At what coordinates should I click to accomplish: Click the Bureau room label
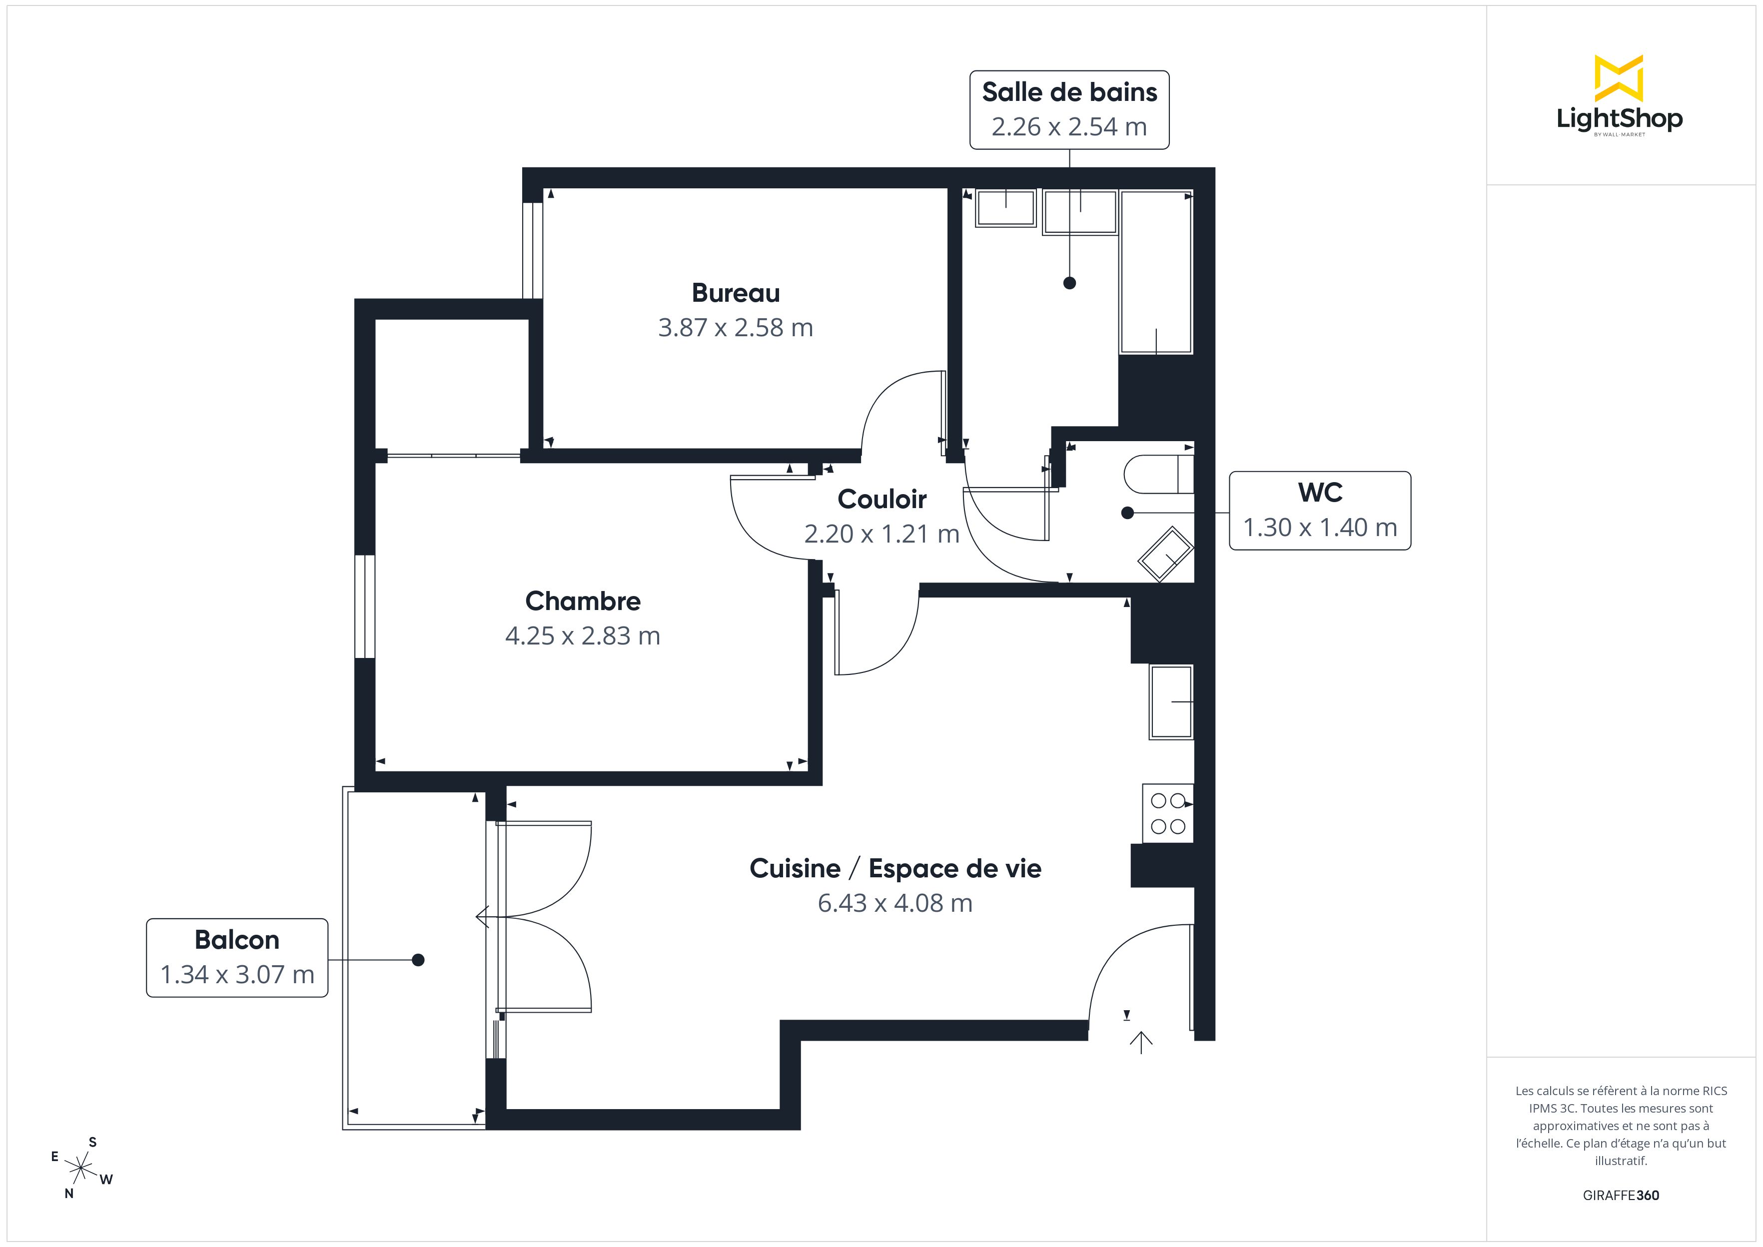[x=736, y=293]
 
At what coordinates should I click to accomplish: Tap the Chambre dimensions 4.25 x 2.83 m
[x=583, y=636]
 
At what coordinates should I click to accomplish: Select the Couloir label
[x=881, y=499]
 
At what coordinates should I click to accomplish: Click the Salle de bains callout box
[x=1069, y=110]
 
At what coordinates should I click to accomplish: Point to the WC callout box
[x=1320, y=511]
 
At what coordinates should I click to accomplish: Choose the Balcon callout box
[x=237, y=958]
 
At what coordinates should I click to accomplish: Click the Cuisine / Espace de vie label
[x=895, y=868]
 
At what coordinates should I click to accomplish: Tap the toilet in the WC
[x=1159, y=474]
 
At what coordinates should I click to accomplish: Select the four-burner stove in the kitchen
[x=1168, y=813]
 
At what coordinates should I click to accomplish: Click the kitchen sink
[x=1171, y=702]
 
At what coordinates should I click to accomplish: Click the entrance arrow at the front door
[x=1141, y=1042]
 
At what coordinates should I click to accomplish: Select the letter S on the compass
[x=93, y=1142]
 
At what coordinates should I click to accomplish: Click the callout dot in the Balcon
[x=418, y=960]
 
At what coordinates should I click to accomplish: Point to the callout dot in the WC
[x=1127, y=513]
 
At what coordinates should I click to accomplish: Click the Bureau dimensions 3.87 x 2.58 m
[x=736, y=328]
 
